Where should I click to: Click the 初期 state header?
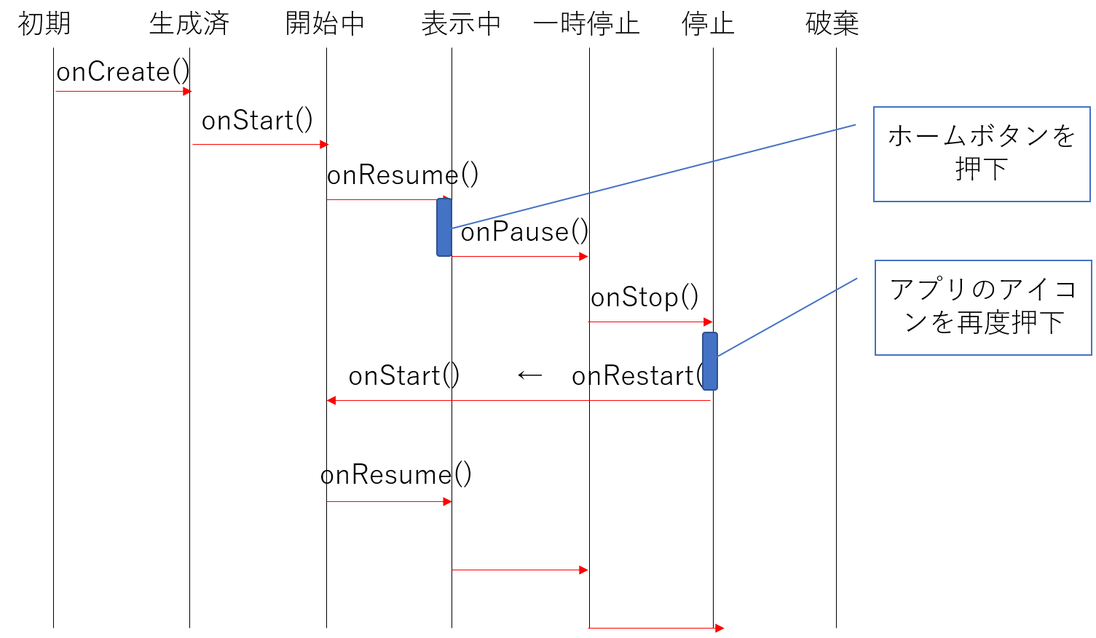pyautogui.click(x=44, y=23)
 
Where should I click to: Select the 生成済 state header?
pyautogui.click(x=189, y=23)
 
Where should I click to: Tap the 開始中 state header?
pyautogui.click(x=325, y=23)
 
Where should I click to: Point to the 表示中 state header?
pyautogui.click(x=461, y=23)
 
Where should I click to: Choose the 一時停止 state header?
pyautogui.click(x=586, y=23)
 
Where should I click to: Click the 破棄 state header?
pyautogui.click(x=832, y=23)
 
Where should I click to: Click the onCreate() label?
pyautogui.click(x=123, y=72)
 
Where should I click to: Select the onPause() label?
pyautogui.click(x=524, y=232)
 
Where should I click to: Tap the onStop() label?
pyautogui.click(x=644, y=298)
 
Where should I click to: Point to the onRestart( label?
pyautogui.click(x=637, y=376)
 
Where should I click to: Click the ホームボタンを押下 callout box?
pyautogui.click(x=982, y=154)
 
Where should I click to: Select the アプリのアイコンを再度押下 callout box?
pyautogui.click(x=983, y=308)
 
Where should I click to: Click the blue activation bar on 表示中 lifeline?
pyautogui.click(x=444, y=227)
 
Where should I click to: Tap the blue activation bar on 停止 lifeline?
pyautogui.click(x=710, y=362)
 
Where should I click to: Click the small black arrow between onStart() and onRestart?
pyautogui.click(x=530, y=375)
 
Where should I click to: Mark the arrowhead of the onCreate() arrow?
pyautogui.click(x=187, y=92)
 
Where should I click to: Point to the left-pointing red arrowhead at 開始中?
pyautogui.click(x=331, y=400)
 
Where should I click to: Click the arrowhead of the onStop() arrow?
pyautogui.click(x=708, y=322)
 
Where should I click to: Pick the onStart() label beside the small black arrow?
pyautogui.click(x=404, y=376)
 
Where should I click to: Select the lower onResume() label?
pyautogui.click(x=396, y=475)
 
